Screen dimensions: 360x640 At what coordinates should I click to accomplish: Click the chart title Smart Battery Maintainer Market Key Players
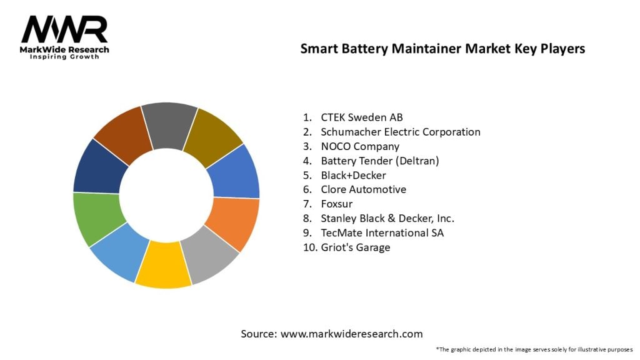tap(442, 49)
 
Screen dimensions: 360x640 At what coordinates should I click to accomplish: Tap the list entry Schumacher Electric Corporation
tap(400, 132)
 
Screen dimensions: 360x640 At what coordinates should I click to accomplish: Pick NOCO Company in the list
tap(360, 146)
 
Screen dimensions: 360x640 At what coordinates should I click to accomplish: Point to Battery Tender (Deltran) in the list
tap(380, 161)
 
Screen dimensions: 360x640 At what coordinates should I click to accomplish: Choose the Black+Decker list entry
tap(353, 175)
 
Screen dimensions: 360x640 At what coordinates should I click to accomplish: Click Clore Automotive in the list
tap(363, 189)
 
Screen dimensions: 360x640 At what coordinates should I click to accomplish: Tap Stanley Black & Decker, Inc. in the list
tap(387, 218)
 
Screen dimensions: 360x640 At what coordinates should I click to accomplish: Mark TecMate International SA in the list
tap(382, 232)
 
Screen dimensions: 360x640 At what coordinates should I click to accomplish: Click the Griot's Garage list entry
tap(355, 247)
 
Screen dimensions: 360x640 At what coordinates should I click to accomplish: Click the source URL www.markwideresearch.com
tap(351, 334)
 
